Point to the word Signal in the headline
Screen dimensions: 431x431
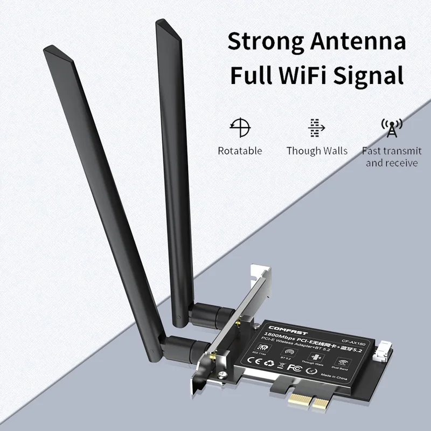point(371,74)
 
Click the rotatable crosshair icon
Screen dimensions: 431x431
point(240,126)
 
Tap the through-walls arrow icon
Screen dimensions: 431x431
point(316,127)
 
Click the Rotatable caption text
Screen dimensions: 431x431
point(240,151)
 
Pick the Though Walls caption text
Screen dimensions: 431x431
point(317,151)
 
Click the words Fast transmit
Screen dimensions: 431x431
point(392,151)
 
